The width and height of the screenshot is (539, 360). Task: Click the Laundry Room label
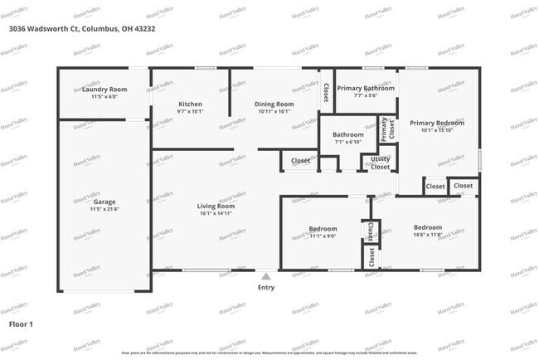104,89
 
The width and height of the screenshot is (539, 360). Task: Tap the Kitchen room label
190,104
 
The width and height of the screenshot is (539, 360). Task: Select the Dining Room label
274,104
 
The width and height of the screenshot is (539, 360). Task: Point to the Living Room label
216,206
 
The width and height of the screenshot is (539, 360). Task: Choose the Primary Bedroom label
436,122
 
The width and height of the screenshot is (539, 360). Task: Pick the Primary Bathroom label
365,88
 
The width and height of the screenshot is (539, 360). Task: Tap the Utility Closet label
380,163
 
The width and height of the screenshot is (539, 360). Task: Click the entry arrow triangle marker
265,276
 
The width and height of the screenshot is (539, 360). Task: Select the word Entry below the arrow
265,288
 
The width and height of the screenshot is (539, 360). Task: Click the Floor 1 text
21,324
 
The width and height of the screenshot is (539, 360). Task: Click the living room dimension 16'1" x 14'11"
216,213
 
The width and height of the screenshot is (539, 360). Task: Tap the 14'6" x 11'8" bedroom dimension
428,235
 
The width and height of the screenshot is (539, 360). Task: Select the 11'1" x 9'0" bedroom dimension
323,236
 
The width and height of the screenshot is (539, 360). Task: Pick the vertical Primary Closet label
384,129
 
